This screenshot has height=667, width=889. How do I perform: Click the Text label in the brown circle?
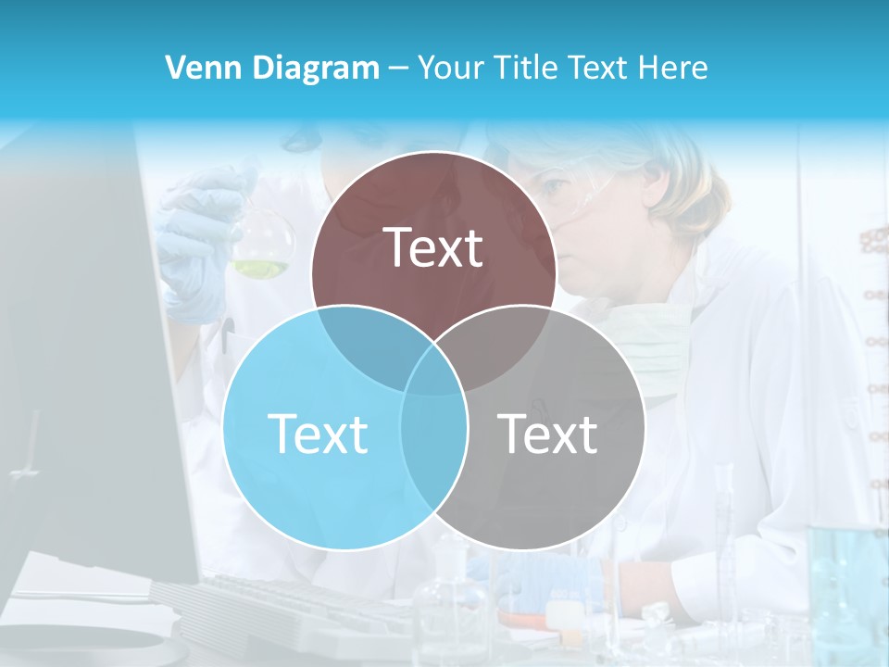pos(433,247)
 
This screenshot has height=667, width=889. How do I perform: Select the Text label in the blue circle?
pos(318,434)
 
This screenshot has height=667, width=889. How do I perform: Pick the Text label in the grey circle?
pos(548,434)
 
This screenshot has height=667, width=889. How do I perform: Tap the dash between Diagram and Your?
pos(398,69)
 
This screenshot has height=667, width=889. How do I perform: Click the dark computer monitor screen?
pos(83,371)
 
